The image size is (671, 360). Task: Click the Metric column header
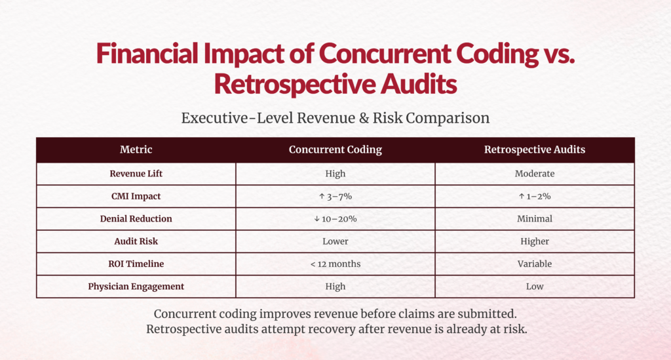tap(136, 150)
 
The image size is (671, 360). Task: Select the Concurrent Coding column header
tap(335, 150)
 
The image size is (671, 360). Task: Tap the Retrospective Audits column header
tap(534, 150)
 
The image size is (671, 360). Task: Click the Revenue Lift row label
tap(136, 174)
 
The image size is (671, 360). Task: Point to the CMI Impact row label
tap(136, 196)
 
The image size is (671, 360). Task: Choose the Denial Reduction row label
tap(136, 218)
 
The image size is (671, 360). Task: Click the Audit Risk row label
tap(136, 241)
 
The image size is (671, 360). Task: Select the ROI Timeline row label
tap(136, 264)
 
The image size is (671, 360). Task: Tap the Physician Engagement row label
tap(136, 286)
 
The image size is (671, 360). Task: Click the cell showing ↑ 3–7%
tap(335, 196)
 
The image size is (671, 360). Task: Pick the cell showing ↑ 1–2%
tap(534, 196)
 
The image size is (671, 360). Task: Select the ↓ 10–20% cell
tap(335, 218)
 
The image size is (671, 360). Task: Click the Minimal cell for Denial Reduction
tap(534, 218)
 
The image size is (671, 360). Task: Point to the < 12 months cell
tap(335, 264)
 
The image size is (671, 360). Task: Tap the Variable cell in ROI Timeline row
tap(534, 264)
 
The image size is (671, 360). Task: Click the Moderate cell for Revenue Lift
tap(534, 174)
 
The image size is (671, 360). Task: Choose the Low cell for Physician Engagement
tap(534, 286)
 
